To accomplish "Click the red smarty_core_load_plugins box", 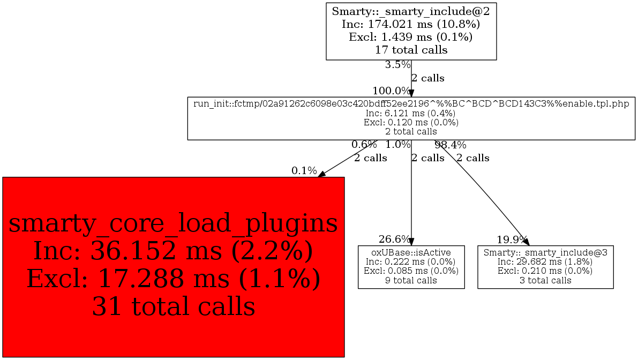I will click(173, 267).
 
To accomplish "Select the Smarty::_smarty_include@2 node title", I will click(411, 11).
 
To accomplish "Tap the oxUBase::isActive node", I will click(411, 267).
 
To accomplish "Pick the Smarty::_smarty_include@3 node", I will click(545, 267).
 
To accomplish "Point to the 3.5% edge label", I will click(397, 65).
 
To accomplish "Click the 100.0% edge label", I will click(391, 91).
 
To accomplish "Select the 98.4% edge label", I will click(450, 145).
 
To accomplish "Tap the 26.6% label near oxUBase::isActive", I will click(394, 239).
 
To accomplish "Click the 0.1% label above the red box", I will click(304, 171).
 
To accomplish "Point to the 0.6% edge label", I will click(364, 145).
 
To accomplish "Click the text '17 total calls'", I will click(411, 50).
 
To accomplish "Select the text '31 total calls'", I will click(173, 306).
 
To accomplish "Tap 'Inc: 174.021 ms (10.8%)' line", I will click(411, 24).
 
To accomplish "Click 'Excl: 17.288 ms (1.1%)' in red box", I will click(173, 279).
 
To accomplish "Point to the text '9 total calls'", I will click(411, 280).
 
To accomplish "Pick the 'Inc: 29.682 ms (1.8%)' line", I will click(545, 261).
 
